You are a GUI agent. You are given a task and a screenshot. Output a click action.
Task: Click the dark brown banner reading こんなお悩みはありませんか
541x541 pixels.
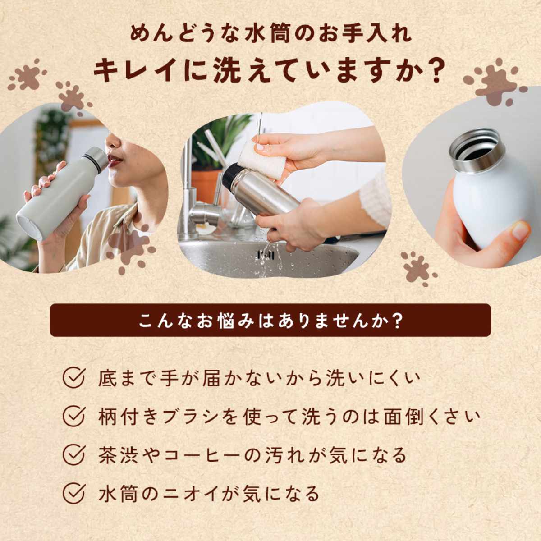(270, 320)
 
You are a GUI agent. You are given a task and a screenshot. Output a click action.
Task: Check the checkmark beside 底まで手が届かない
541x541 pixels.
(73, 378)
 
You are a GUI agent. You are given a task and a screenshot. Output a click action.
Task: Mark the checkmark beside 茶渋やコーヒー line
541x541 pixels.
(73, 455)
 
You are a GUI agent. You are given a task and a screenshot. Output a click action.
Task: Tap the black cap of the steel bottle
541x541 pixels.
(231, 176)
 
